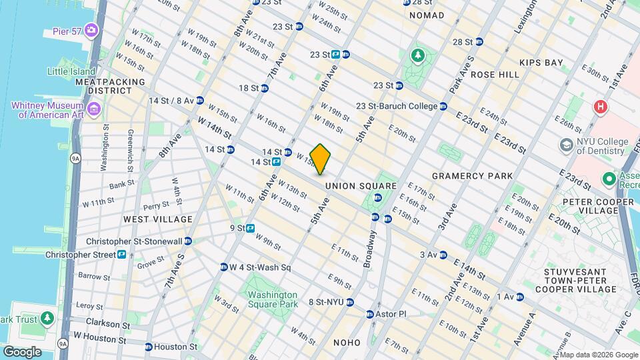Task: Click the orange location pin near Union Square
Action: click(321, 159)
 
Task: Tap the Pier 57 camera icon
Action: click(91, 30)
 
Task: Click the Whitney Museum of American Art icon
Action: click(94, 109)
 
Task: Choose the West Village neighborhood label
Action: click(158, 219)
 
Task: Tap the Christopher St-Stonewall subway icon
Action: click(188, 241)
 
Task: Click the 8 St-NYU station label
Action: click(331, 302)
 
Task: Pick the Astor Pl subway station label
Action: click(393, 313)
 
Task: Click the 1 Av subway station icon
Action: click(520, 297)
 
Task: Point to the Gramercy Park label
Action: click(472, 176)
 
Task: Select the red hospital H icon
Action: click(601, 107)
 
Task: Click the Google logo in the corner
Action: click(21, 351)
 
